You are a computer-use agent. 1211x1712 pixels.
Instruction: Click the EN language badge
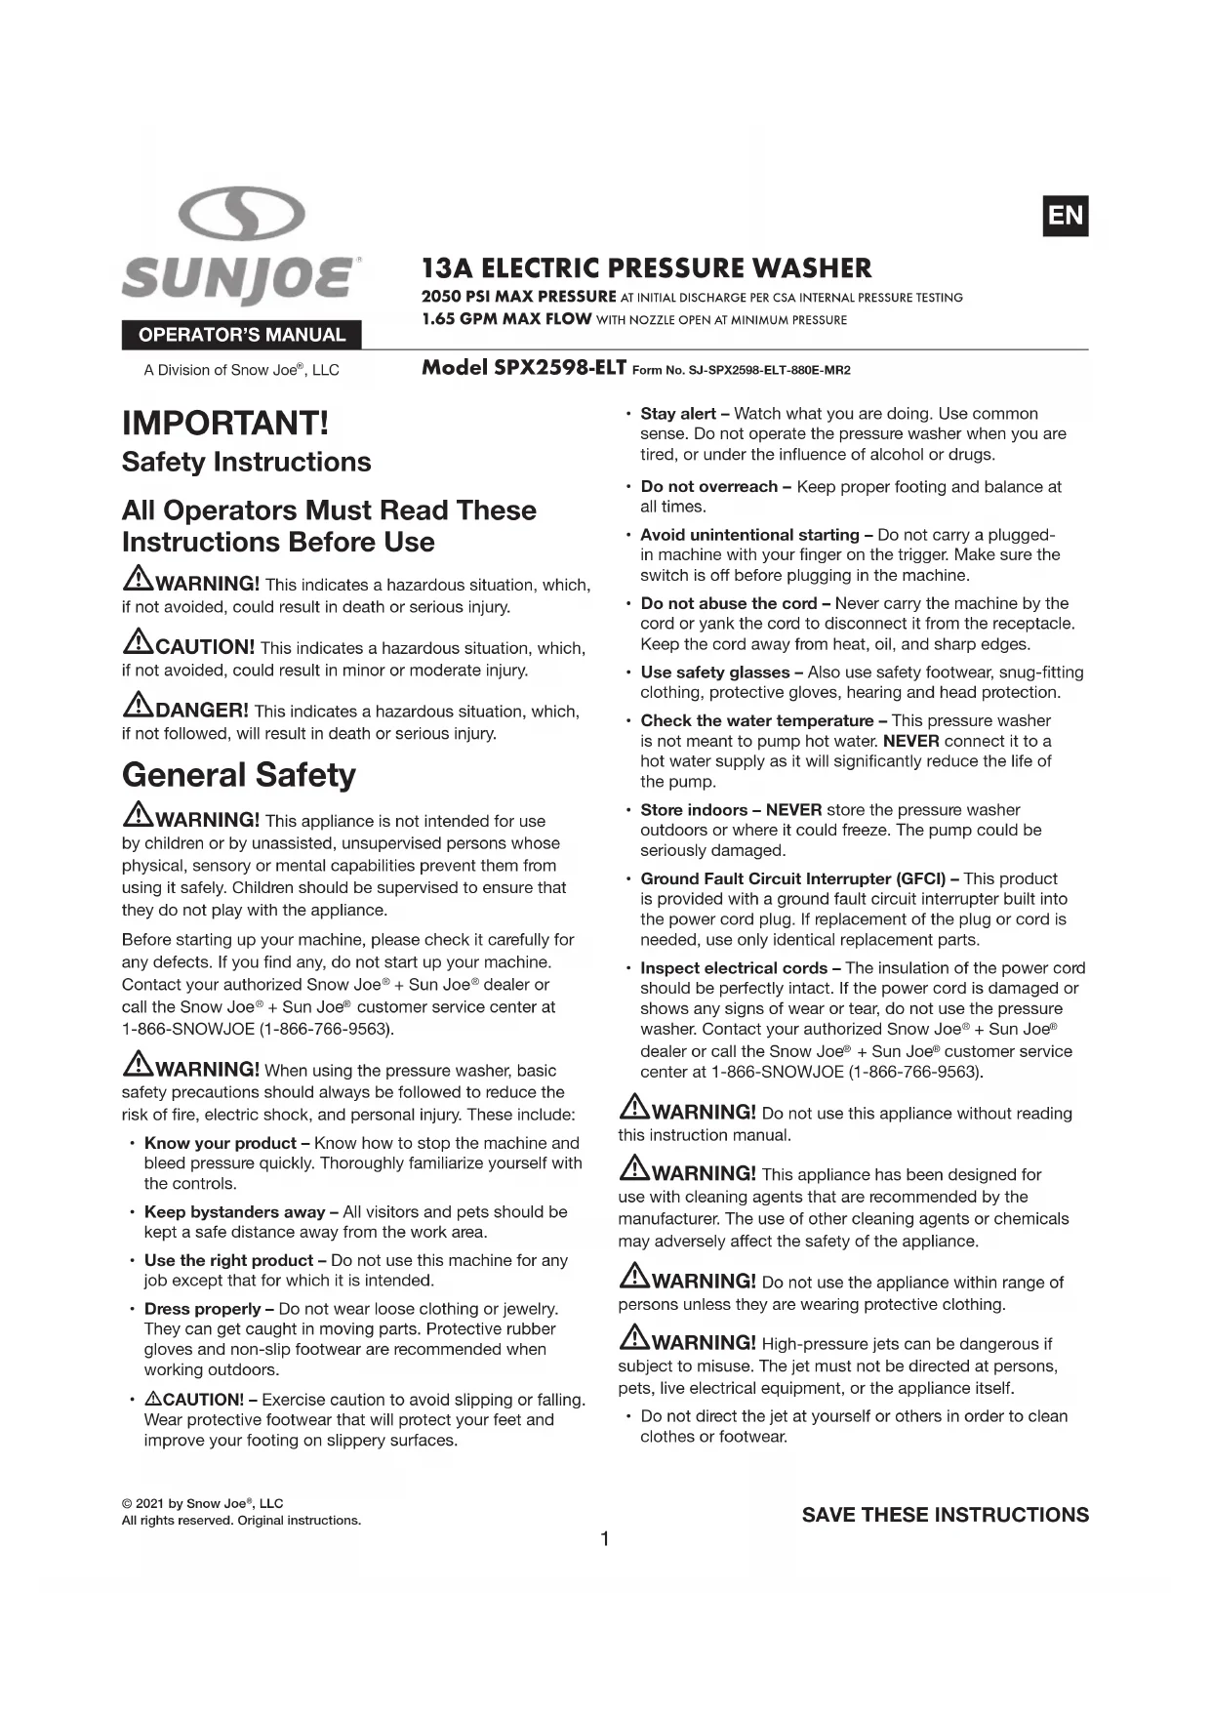point(1065,216)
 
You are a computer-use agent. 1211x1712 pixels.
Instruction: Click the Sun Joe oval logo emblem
point(242,215)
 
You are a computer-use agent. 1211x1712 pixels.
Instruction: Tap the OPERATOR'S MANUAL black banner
point(241,335)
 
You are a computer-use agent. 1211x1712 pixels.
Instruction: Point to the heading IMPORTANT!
point(225,423)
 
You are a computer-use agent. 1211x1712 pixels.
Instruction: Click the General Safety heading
point(238,774)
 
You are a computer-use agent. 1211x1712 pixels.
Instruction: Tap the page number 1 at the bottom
point(605,1539)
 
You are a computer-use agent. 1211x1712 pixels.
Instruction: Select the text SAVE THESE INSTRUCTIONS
point(945,1515)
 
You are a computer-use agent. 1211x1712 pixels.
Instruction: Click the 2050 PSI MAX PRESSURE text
point(518,297)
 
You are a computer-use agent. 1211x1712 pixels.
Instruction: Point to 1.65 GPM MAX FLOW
point(506,319)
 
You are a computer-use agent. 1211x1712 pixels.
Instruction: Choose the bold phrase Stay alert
point(677,414)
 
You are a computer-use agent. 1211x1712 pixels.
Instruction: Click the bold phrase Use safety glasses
point(714,673)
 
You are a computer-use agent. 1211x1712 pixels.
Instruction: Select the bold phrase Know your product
point(220,1143)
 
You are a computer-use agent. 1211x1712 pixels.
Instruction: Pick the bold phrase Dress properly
point(202,1309)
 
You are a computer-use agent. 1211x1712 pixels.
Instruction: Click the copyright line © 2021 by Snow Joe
point(202,1503)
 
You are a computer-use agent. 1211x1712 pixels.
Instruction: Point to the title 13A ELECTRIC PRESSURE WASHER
point(646,268)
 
